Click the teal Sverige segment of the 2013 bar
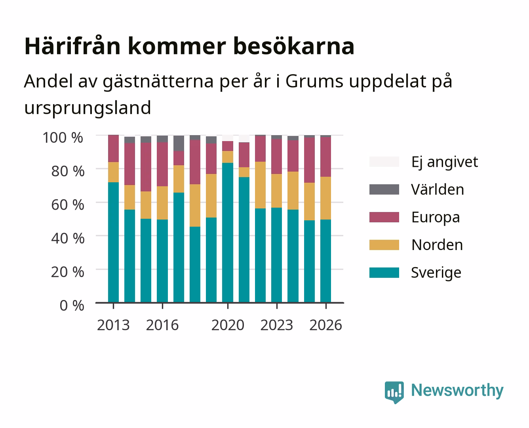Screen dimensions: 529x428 click(x=113, y=242)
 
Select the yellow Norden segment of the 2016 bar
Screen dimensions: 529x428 click(x=162, y=203)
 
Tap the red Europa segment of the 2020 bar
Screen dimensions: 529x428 click(x=228, y=146)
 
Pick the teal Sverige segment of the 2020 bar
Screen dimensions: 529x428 click(x=228, y=233)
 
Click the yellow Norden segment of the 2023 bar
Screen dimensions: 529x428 click(x=276, y=191)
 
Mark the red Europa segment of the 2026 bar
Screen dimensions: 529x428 click(x=325, y=157)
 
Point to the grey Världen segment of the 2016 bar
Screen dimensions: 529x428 click(x=162, y=139)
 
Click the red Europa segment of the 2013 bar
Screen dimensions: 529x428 click(x=113, y=148)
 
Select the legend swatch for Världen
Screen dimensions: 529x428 click(x=384, y=189)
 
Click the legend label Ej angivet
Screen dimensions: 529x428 click(x=445, y=162)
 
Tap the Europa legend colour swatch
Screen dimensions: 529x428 click(x=384, y=217)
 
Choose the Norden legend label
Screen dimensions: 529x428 click(x=437, y=245)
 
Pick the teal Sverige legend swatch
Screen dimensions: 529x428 click(x=384, y=272)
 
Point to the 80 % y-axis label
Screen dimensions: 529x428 click(x=68, y=171)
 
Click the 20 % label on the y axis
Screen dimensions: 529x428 click(x=68, y=272)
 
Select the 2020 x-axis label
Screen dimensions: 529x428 click(x=228, y=325)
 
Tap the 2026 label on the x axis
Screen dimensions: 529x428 click(x=326, y=325)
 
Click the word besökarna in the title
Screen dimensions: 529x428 click(x=294, y=46)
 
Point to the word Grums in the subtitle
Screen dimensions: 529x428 click(x=314, y=81)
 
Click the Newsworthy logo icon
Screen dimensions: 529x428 click(x=394, y=392)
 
